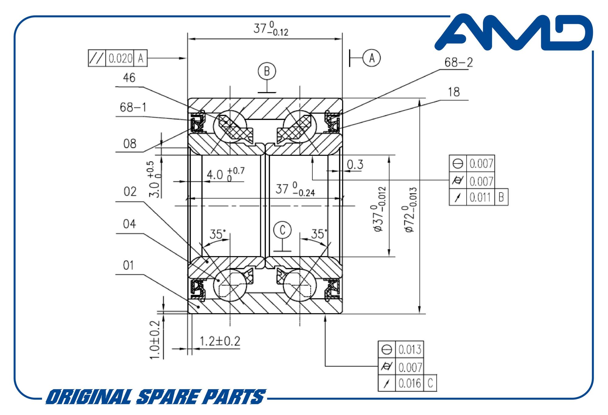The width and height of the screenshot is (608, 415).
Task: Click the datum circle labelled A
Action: tap(371, 58)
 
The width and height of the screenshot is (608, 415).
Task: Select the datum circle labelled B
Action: tap(267, 71)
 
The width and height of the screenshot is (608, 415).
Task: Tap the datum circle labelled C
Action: tap(282, 230)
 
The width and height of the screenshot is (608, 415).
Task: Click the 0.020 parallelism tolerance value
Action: tap(120, 58)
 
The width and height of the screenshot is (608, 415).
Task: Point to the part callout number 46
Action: tap(129, 78)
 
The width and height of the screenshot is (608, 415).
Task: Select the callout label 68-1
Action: tap(133, 107)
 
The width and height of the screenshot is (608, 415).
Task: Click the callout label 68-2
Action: tap(458, 62)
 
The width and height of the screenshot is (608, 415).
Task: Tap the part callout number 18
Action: tap(454, 92)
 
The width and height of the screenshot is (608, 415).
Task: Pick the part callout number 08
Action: tap(130, 144)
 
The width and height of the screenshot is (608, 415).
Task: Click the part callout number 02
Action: tap(130, 192)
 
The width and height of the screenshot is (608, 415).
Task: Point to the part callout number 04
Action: tap(130, 224)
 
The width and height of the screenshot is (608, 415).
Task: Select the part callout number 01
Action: tap(128, 266)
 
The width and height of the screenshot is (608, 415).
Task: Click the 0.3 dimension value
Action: tap(355, 165)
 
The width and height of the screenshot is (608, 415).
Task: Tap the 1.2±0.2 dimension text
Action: tap(220, 341)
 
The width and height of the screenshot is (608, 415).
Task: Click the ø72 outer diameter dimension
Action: tap(410, 210)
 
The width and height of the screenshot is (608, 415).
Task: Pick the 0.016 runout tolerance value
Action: tap(409, 383)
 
